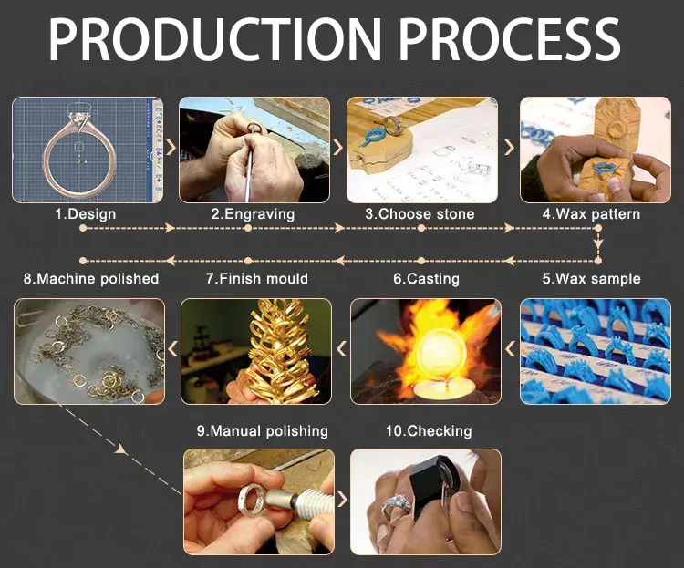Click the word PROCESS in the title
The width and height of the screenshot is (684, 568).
(511, 41)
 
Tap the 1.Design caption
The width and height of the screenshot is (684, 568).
(86, 214)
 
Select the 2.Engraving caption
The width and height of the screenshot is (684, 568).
(253, 214)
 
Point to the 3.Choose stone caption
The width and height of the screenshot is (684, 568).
(420, 214)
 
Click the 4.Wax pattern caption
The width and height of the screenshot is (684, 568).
(591, 214)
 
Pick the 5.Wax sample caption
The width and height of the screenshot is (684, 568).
(591, 278)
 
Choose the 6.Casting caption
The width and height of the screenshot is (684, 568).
(426, 278)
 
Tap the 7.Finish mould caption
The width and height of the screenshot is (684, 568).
(256, 278)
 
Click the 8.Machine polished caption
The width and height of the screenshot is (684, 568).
(90, 278)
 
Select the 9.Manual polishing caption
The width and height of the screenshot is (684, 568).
(262, 430)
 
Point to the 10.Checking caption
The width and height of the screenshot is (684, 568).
(426, 430)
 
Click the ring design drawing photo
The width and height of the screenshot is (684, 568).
(88, 150)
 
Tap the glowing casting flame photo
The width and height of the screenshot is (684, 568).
(426, 351)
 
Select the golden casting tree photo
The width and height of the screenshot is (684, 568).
(256, 351)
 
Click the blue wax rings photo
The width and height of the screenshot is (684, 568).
(595, 351)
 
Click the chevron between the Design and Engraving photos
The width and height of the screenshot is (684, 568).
(171, 148)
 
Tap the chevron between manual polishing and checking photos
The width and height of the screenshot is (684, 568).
(342, 500)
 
